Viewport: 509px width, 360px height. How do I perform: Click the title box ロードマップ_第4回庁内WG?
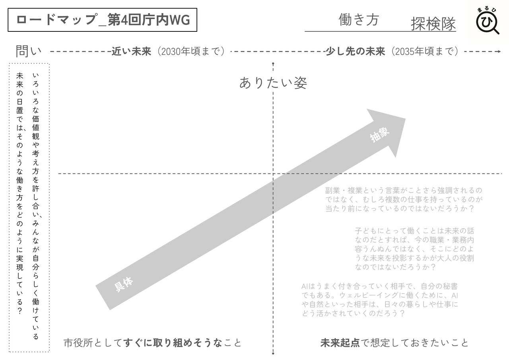point(103,20)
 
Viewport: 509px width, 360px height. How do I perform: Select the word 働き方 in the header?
point(359,19)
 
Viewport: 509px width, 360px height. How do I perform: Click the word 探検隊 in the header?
point(433,24)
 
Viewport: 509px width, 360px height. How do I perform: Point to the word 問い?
point(29,51)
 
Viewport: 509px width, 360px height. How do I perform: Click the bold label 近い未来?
point(131,52)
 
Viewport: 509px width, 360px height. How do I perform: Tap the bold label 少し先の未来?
point(355,52)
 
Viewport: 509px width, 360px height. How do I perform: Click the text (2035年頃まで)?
point(425,52)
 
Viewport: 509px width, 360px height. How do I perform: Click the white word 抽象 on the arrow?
point(379,135)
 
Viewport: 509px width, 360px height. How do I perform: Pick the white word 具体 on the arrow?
point(124,284)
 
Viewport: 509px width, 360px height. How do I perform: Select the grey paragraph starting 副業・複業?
point(403,199)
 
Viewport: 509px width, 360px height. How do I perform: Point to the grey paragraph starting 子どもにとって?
point(414,249)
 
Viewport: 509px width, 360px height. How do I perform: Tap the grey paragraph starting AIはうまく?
point(380,300)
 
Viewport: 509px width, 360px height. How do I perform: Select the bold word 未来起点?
point(340,343)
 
